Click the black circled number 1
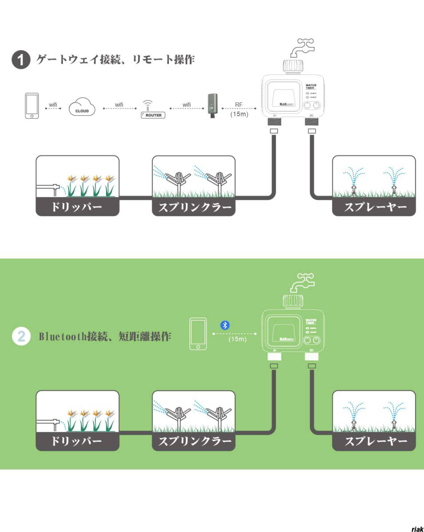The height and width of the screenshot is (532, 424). point(20,60)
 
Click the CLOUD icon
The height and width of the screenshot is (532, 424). point(82,108)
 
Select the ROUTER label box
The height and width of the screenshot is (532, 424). point(153,115)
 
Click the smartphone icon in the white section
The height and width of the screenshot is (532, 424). point(31,106)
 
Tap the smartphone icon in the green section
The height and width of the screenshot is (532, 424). point(198,333)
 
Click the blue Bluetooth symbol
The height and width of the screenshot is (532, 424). point(225,325)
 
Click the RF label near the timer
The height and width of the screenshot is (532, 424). point(239,105)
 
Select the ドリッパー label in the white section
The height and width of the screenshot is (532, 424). point(77,207)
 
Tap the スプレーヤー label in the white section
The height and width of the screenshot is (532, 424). point(375,207)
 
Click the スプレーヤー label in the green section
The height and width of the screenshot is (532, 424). point(375,442)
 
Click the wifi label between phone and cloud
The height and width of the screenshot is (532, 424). point(53,105)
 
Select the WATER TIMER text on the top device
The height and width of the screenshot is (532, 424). point(310,86)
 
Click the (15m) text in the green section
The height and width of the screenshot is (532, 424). point(237,340)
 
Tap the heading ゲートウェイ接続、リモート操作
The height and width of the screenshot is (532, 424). point(115,59)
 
